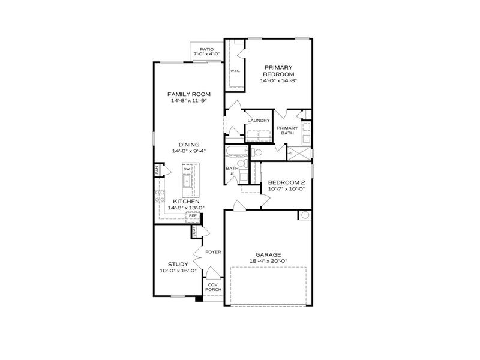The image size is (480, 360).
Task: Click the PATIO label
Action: (x=206, y=49)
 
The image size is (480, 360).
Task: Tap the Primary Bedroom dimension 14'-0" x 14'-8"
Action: (x=278, y=80)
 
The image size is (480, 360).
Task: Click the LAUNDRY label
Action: (x=259, y=121)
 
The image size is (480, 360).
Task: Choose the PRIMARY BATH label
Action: (x=287, y=130)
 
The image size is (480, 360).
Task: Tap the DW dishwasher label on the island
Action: (x=187, y=170)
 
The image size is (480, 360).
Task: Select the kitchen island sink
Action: (x=187, y=182)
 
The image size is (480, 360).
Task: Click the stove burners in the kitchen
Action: (x=160, y=196)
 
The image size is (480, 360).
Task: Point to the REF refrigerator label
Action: (x=193, y=215)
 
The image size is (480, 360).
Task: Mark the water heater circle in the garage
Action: (x=304, y=215)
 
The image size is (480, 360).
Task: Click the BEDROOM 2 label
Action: (x=287, y=182)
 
